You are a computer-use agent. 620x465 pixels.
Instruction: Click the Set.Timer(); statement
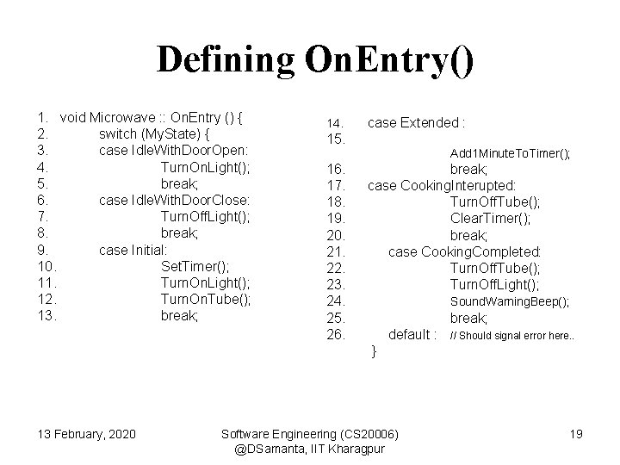[x=192, y=266]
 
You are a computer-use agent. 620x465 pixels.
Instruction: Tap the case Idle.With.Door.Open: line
[x=174, y=151]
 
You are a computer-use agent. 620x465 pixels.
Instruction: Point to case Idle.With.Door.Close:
[x=176, y=200]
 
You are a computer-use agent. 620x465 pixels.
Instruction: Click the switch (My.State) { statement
[x=155, y=134]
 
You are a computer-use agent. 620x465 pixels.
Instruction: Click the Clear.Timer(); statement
[x=491, y=218]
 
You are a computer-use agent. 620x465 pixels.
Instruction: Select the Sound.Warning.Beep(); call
[x=510, y=301]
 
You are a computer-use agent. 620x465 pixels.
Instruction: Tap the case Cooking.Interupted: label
[x=442, y=185]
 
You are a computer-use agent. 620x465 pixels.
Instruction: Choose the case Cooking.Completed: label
[x=465, y=251]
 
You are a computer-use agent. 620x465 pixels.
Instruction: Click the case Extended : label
[x=417, y=122]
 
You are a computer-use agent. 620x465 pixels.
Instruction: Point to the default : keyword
[x=413, y=334]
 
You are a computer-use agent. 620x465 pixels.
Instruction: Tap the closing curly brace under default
[x=373, y=350]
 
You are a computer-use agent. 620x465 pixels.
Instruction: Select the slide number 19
[x=577, y=431]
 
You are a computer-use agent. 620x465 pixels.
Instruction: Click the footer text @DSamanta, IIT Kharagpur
[x=309, y=448]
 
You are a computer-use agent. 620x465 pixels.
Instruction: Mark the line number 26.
[x=336, y=334]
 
